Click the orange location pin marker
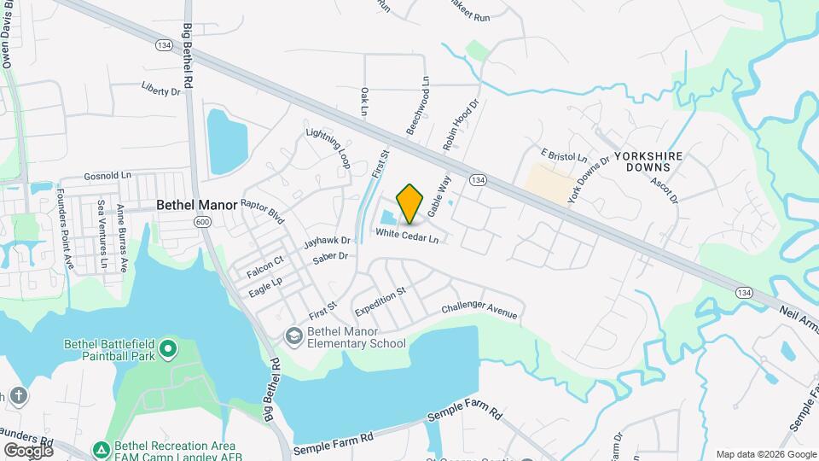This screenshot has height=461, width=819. (x=410, y=203)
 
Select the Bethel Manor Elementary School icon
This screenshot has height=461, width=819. (x=294, y=336)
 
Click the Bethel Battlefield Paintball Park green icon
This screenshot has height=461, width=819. (x=168, y=347)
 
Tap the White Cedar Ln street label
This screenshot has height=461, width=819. (x=407, y=233)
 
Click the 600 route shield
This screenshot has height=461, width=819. (x=202, y=222)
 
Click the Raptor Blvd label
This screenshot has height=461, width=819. (x=262, y=211)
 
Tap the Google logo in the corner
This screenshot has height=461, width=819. (x=28, y=450)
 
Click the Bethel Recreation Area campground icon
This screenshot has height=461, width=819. (x=101, y=448)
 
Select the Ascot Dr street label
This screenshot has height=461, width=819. (x=663, y=190)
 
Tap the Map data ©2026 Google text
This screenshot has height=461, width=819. (x=765, y=453)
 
